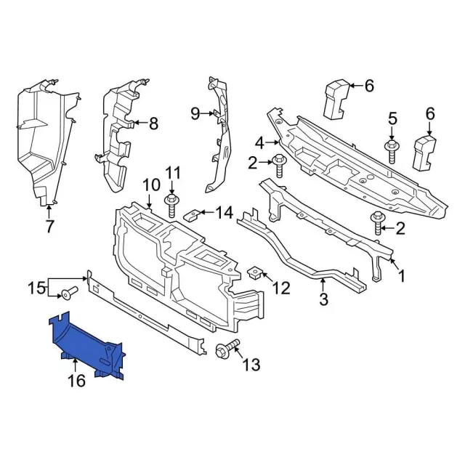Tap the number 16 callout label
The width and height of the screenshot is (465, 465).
[x=76, y=380]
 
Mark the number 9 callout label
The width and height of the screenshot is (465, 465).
[x=195, y=113]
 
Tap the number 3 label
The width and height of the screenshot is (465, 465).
[x=324, y=299]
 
